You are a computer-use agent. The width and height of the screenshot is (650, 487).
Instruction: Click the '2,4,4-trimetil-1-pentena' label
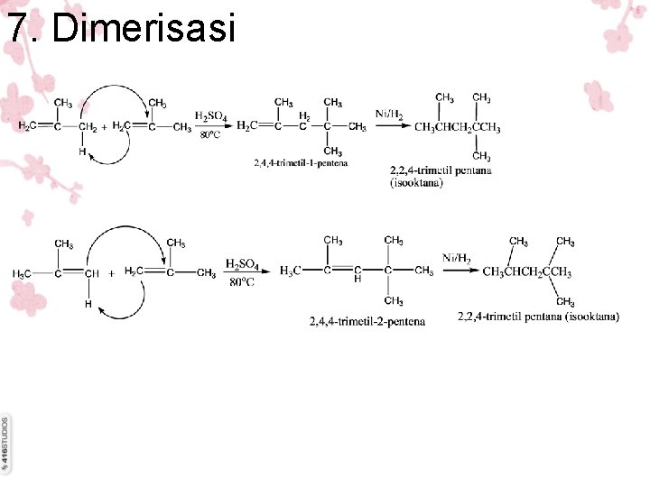300,162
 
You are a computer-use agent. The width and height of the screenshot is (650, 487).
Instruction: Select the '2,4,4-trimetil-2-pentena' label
367,320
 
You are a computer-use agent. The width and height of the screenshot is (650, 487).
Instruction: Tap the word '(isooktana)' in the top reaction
416,183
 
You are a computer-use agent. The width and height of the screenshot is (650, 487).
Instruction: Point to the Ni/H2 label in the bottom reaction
457,259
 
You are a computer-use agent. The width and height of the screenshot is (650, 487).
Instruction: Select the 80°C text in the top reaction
209,135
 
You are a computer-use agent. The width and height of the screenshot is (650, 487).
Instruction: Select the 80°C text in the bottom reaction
241,282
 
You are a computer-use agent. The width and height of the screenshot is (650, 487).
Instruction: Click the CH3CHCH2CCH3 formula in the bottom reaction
526,271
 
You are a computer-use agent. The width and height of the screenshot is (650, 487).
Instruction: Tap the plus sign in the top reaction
105,127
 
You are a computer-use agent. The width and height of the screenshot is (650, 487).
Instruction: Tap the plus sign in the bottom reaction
111,271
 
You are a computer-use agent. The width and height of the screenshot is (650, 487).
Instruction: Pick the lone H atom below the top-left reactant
81,152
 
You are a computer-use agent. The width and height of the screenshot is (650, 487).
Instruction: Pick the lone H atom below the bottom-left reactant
88,304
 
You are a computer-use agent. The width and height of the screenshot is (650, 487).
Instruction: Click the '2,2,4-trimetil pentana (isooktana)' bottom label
538,317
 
